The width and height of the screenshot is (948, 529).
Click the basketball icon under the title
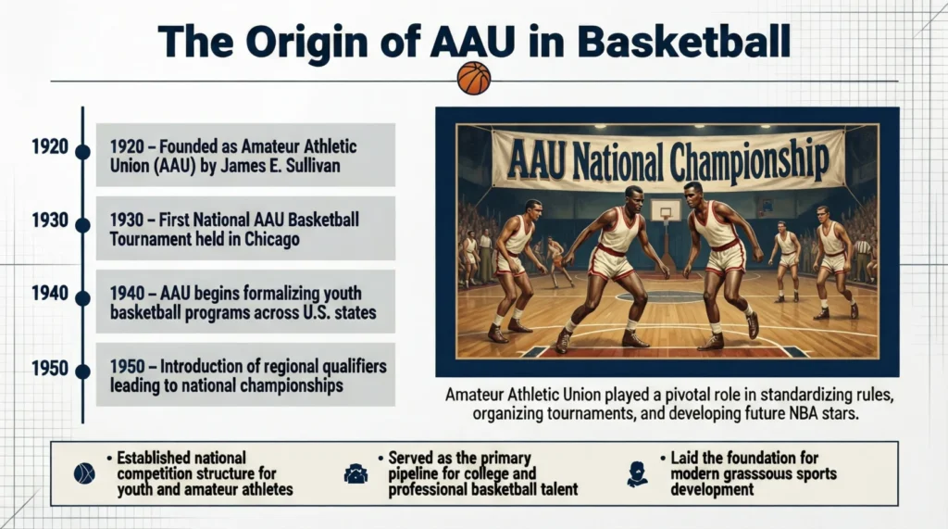point(473,78)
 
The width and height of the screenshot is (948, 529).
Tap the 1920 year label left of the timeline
point(49,146)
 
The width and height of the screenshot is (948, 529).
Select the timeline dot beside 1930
point(82,224)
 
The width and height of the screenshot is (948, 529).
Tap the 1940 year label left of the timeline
point(49,294)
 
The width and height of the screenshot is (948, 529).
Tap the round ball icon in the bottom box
point(84,473)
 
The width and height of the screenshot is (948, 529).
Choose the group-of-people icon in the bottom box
point(355,473)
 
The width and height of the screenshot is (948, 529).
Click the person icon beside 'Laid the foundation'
point(636,473)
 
